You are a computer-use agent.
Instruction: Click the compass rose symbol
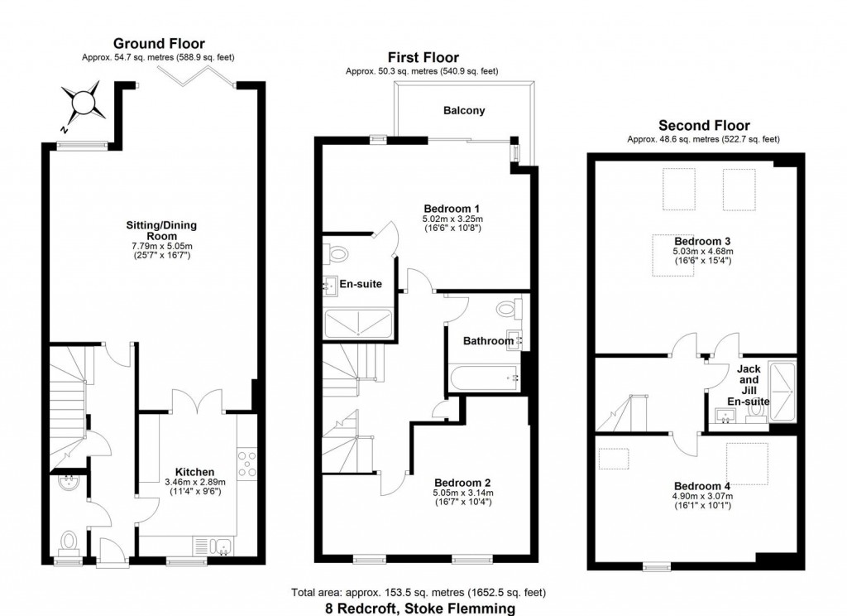point(84,104)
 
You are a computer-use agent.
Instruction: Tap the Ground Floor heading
point(159,44)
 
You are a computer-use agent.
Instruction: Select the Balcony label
point(463,110)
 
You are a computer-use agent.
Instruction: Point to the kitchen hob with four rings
point(247,462)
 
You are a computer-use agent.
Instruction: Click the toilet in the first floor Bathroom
point(509,310)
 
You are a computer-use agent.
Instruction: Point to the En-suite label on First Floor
point(361,284)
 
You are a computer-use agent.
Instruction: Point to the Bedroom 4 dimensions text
point(702,501)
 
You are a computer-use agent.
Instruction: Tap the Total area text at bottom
point(418,593)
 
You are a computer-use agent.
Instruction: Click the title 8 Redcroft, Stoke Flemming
point(419,608)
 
